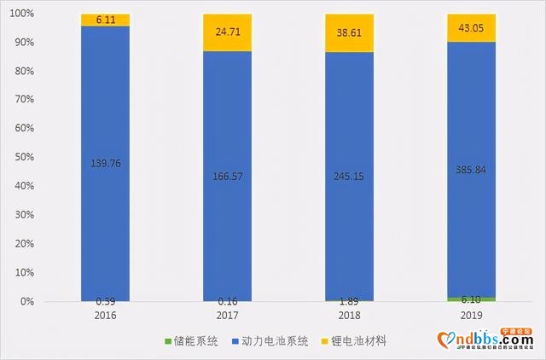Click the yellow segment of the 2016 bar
pyautogui.click(x=106, y=20)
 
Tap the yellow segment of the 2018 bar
pyautogui.click(x=349, y=33)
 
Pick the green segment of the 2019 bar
pyautogui.click(x=471, y=299)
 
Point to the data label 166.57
pyautogui.click(x=227, y=177)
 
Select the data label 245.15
pyautogui.click(x=349, y=177)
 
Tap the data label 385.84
pyautogui.click(x=471, y=170)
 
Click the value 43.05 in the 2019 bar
pyautogui.click(x=471, y=28)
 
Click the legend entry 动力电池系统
pyautogui.click(x=273, y=341)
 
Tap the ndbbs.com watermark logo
pyautogui.click(x=490, y=341)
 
